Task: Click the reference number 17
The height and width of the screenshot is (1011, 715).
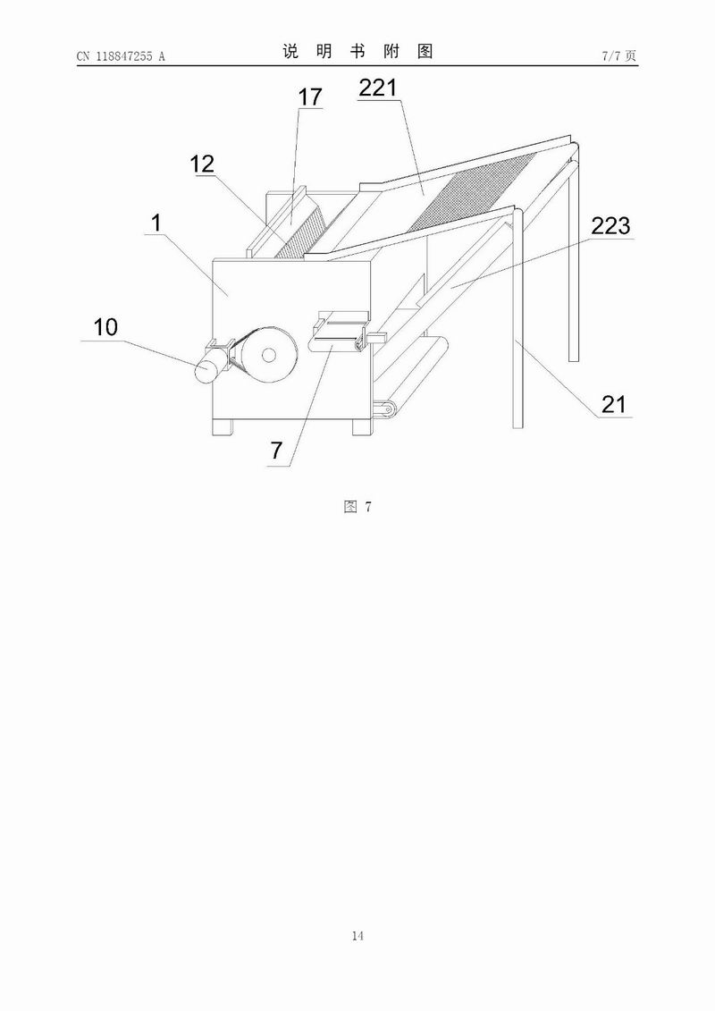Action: point(309,97)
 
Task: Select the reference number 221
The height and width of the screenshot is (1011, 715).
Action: point(378,88)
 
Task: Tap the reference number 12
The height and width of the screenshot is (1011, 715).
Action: point(202,164)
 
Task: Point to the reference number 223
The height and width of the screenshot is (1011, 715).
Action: point(610,225)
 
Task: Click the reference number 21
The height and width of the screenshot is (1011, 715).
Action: point(613,404)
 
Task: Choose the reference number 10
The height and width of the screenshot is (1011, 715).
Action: point(105,327)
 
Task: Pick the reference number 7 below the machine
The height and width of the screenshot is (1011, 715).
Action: point(276,451)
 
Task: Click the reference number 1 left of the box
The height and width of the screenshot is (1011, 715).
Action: point(156,223)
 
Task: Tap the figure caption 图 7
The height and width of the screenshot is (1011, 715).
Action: point(357,506)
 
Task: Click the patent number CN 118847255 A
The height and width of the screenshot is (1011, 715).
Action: point(121,56)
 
